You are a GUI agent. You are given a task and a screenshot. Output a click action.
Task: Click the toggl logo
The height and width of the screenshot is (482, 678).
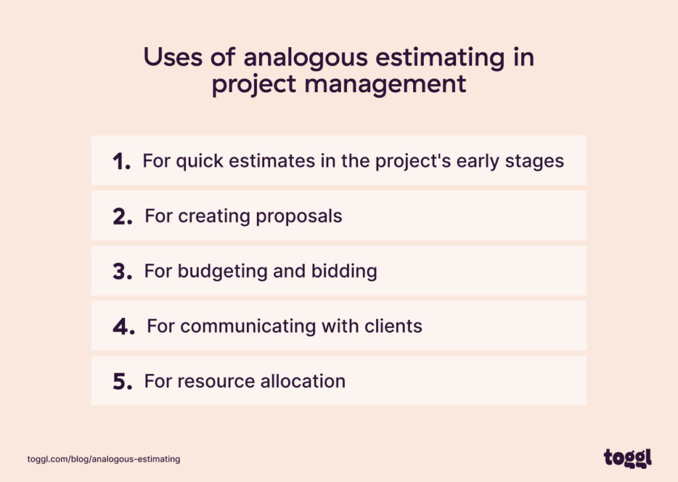[x=627, y=458]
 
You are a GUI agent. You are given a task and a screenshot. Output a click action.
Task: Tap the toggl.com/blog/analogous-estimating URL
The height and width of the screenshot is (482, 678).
[x=104, y=459]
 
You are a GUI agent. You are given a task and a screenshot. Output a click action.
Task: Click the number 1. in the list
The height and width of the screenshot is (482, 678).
[x=121, y=162]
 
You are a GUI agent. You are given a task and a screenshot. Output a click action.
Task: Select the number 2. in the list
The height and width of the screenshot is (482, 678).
[x=122, y=217]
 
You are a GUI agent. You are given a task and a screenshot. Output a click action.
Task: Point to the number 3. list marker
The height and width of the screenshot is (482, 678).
[x=122, y=271]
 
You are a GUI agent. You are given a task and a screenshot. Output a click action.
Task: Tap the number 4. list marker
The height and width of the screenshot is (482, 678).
[x=124, y=326]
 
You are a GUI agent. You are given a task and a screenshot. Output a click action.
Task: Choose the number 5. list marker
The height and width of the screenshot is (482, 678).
[x=122, y=382]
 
